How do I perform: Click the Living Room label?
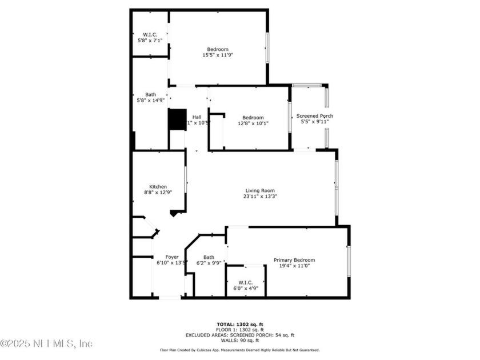260,191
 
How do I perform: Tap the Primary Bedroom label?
294,260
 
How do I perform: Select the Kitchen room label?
158,187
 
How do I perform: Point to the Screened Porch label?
314,116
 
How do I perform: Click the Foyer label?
172,257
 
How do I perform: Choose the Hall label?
197,117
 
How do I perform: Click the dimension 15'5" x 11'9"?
218,55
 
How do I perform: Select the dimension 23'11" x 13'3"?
260,197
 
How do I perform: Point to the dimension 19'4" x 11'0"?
294,266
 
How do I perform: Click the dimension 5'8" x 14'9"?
150,101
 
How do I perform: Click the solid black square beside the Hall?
177,120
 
